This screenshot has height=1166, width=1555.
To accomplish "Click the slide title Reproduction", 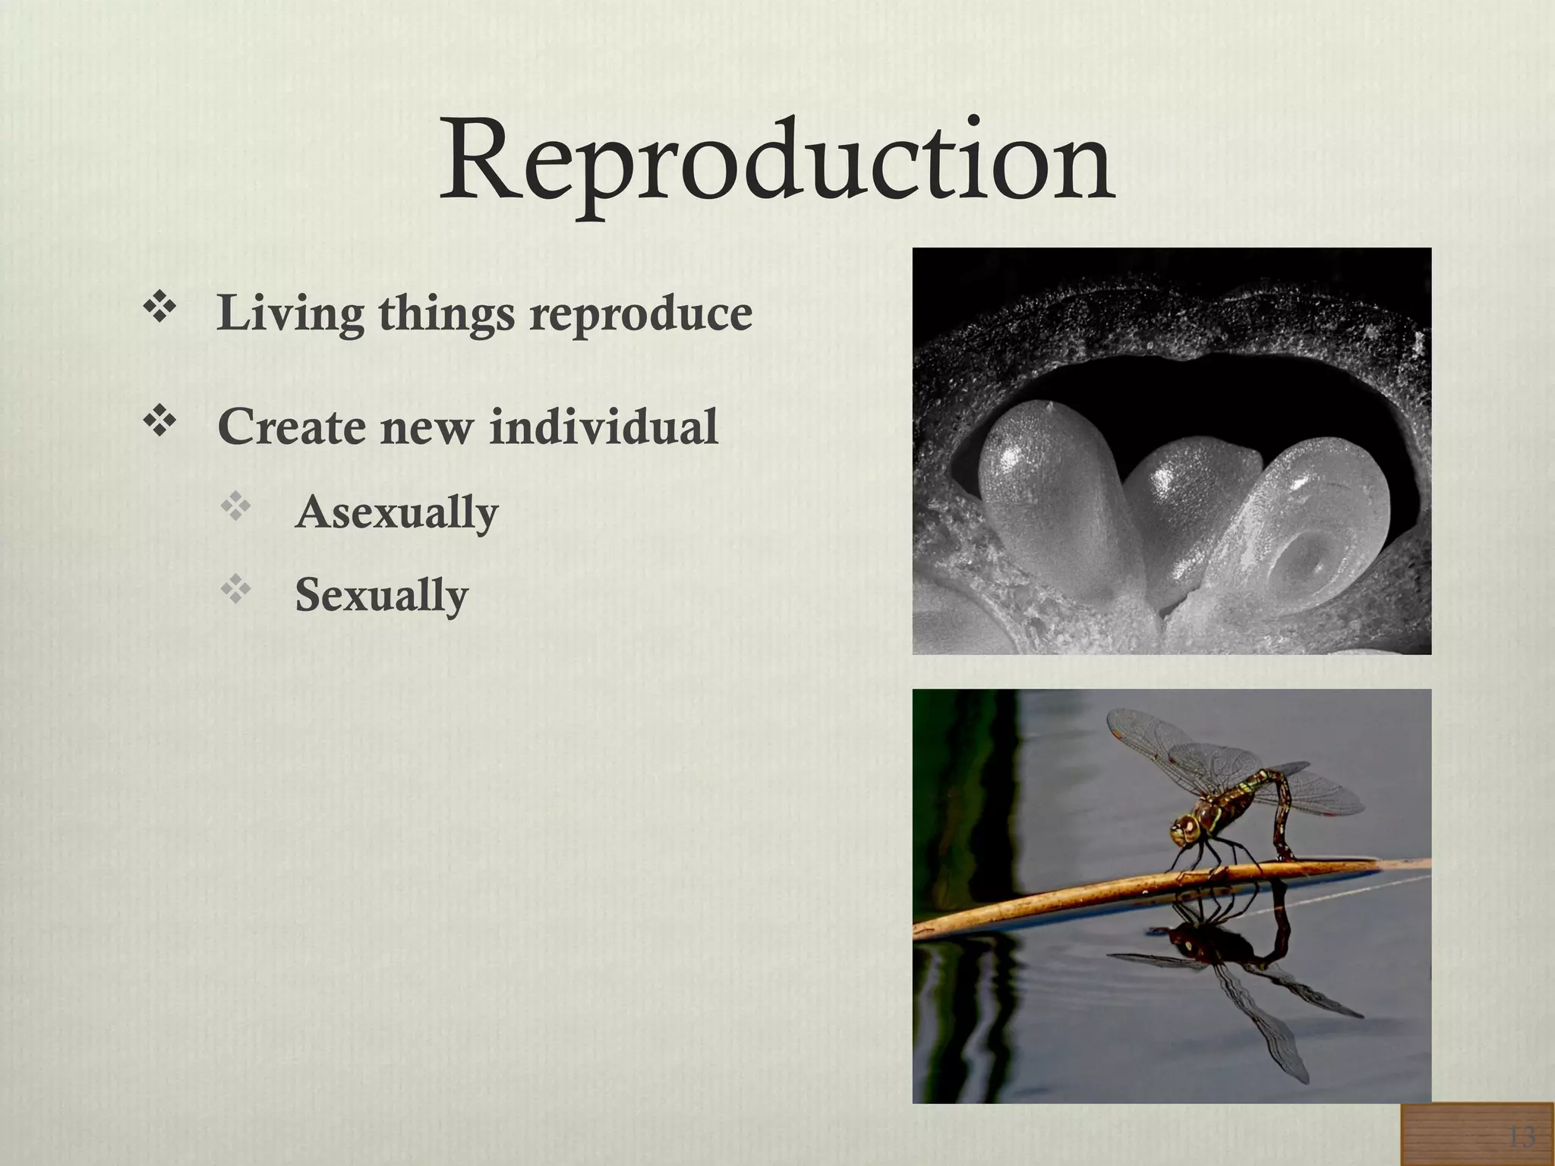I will click(x=777, y=162).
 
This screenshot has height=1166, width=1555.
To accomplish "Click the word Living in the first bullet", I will click(x=290, y=314).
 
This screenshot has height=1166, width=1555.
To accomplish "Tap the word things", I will click(x=446, y=314).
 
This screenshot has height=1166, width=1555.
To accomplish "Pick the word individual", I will click(x=604, y=427).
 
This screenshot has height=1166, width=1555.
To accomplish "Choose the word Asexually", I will click(x=396, y=512).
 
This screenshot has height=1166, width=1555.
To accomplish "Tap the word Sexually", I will click(x=381, y=595).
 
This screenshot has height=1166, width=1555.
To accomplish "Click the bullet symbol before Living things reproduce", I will click(x=160, y=309).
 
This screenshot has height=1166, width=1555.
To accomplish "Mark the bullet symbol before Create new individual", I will click(x=160, y=422).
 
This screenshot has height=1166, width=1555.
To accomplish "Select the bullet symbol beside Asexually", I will click(x=235, y=507).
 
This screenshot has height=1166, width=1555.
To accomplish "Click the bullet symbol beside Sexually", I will click(x=235, y=590).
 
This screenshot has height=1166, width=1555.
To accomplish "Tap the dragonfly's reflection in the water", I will click(x=1245, y=979).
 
